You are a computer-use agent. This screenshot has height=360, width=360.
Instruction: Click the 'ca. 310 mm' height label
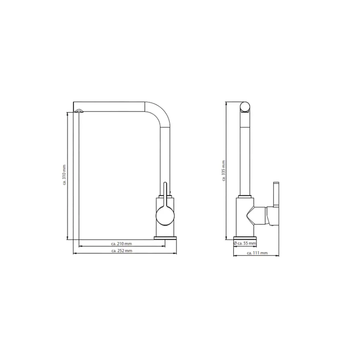(64, 175)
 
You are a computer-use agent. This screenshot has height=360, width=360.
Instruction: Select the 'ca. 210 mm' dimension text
(121, 244)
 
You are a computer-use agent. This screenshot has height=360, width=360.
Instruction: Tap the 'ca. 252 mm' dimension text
(122, 251)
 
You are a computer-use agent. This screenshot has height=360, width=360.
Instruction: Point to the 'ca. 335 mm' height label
(224, 171)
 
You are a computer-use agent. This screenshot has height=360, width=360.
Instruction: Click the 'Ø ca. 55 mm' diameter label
(245, 243)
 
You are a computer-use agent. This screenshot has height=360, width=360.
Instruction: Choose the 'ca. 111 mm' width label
(257, 253)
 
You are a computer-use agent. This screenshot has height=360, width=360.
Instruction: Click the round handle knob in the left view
(165, 216)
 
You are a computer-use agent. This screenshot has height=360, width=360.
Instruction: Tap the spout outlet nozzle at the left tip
(78, 111)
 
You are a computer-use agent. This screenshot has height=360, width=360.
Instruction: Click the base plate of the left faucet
(165, 238)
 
